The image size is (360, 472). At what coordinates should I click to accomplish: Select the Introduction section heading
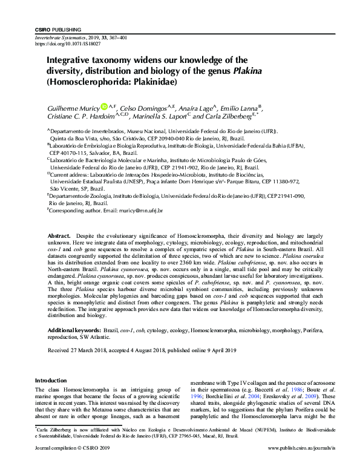pyautogui.click(x=51, y=380)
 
